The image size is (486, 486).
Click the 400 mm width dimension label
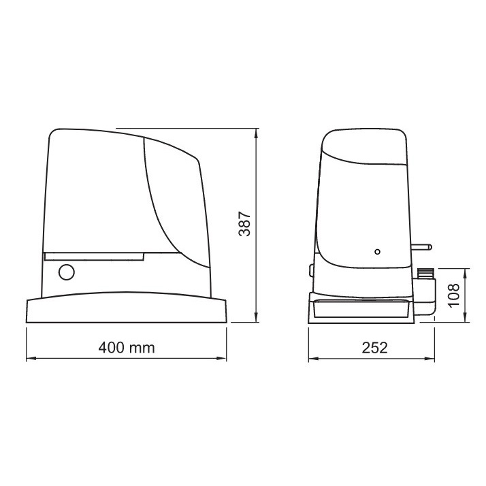point(127,348)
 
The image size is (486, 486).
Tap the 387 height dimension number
point(244,224)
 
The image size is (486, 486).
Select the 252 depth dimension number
point(375,348)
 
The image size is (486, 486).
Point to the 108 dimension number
point(454,295)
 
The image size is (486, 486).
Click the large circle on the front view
point(67,272)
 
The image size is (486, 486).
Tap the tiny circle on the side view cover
point(378,252)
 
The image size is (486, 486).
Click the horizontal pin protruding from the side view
point(421,247)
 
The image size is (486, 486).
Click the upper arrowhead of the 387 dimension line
point(256,134)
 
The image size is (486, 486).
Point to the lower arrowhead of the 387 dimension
point(256,317)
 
